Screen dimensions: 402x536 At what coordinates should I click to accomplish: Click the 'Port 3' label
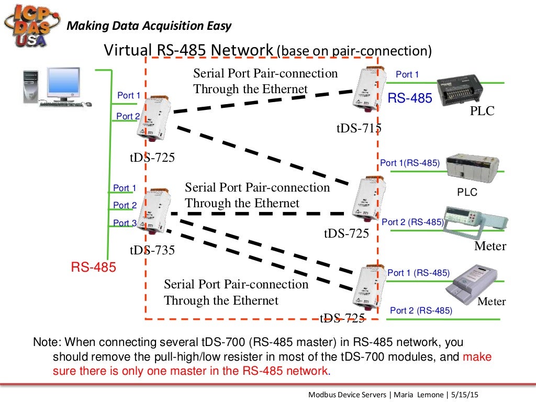click(125, 223)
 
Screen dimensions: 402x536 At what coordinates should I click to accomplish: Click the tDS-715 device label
click(359, 128)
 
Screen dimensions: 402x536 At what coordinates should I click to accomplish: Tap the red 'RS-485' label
click(94, 268)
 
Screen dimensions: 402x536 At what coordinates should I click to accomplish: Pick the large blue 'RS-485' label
click(410, 98)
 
